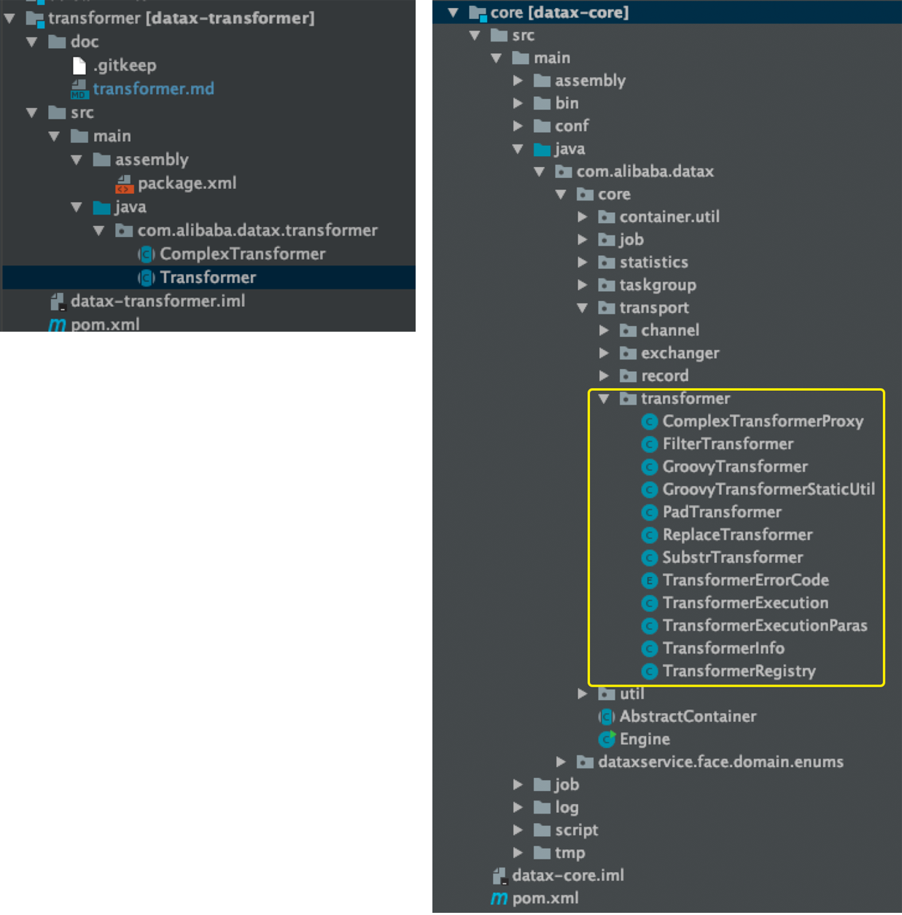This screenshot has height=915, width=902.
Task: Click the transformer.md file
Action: pyautogui.click(x=152, y=89)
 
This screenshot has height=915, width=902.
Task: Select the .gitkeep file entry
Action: pyautogui.click(x=124, y=66)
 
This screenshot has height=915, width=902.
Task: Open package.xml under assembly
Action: pyautogui.click(x=187, y=183)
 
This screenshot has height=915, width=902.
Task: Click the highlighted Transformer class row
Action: pyautogui.click(x=208, y=278)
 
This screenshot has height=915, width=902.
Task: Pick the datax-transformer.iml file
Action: pyautogui.click(x=158, y=301)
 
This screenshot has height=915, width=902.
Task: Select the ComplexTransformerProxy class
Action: pyautogui.click(x=762, y=421)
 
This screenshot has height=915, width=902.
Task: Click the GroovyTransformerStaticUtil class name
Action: pyautogui.click(x=768, y=489)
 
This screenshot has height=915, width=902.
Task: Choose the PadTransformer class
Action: pyautogui.click(x=721, y=512)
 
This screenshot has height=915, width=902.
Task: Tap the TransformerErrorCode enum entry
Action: pyautogui.click(x=745, y=580)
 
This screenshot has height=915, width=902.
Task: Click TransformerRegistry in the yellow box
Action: pyautogui.click(x=739, y=671)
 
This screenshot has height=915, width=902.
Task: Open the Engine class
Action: pyautogui.click(x=645, y=739)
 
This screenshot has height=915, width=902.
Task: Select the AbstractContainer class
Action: pyautogui.click(x=688, y=717)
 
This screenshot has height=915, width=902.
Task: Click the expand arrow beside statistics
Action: pyautogui.click(x=583, y=262)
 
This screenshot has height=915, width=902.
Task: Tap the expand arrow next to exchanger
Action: pyautogui.click(x=604, y=354)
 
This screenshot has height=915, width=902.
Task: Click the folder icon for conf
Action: pyautogui.click(x=542, y=126)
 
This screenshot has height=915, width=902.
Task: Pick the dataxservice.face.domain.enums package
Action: pyautogui.click(x=720, y=762)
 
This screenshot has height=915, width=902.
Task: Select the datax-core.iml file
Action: pyautogui.click(x=567, y=876)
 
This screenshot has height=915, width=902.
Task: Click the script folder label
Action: pyautogui.click(x=576, y=830)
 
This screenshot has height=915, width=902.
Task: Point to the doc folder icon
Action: pyautogui.click(x=57, y=42)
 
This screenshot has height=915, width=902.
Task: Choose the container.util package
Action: pyautogui.click(x=669, y=217)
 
